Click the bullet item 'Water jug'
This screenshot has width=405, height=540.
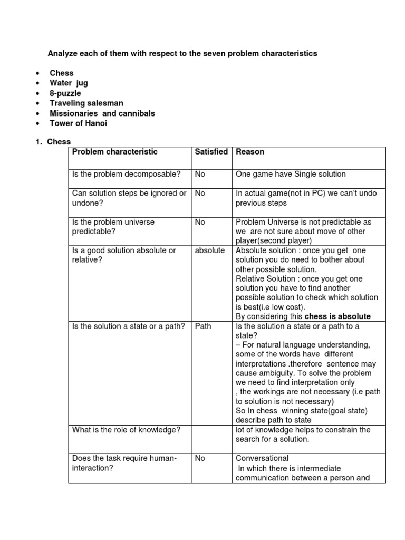tap(69, 83)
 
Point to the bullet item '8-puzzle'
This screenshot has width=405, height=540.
tap(65, 93)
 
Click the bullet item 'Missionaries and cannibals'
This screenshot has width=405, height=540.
tap(102, 113)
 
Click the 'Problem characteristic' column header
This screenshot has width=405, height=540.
tap(115, 152)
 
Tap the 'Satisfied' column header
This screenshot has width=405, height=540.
tap(211, 152)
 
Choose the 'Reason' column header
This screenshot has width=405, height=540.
tap(250, 152)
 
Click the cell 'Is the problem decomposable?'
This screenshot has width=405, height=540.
tap(126, 175)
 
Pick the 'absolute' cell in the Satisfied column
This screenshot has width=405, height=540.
tap(210, 250)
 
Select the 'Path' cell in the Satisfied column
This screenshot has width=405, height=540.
tap(203, 326)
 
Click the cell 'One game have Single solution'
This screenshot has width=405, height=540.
tap(291, 175)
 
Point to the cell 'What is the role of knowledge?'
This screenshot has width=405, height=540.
tap(127, 430)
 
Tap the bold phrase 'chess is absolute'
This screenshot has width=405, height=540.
tap(337, 317)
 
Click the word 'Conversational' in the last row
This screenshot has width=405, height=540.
tap(262, 459)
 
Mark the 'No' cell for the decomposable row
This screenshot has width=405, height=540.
tap(200, 175)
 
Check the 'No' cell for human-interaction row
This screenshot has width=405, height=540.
tap(200, 459)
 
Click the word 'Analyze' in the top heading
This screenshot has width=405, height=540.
tap(62, 54)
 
